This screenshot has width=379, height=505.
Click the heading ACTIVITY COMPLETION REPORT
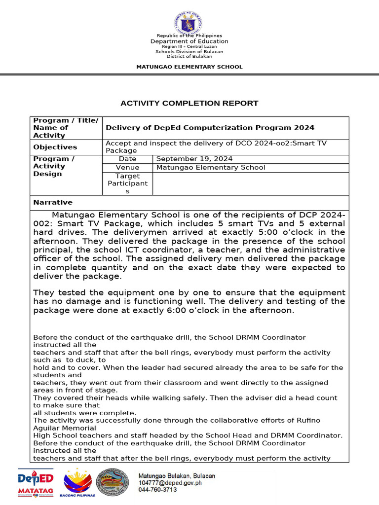coord(189,103)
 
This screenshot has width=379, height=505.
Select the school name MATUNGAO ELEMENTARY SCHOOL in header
coord(189,67)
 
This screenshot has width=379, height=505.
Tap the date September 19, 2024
coord(194,159)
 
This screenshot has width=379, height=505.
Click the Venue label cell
coord(127,167)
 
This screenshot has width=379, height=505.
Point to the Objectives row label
coord(55,147)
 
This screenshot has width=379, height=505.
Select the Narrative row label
coord(53,202)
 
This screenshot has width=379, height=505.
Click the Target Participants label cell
coord(127,183)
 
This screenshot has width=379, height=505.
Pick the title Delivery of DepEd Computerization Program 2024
coord(210,128)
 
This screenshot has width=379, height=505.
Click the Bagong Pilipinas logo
coord(78,483)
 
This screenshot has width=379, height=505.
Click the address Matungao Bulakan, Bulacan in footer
coord(176,475)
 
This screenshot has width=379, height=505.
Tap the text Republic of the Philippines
coord(189,36)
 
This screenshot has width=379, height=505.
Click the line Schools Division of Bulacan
coord(189,51)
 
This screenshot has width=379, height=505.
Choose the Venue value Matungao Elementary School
coord(210,167)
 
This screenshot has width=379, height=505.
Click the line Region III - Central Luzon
coord(189,46)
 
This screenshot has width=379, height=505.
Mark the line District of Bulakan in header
coord(189,56)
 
